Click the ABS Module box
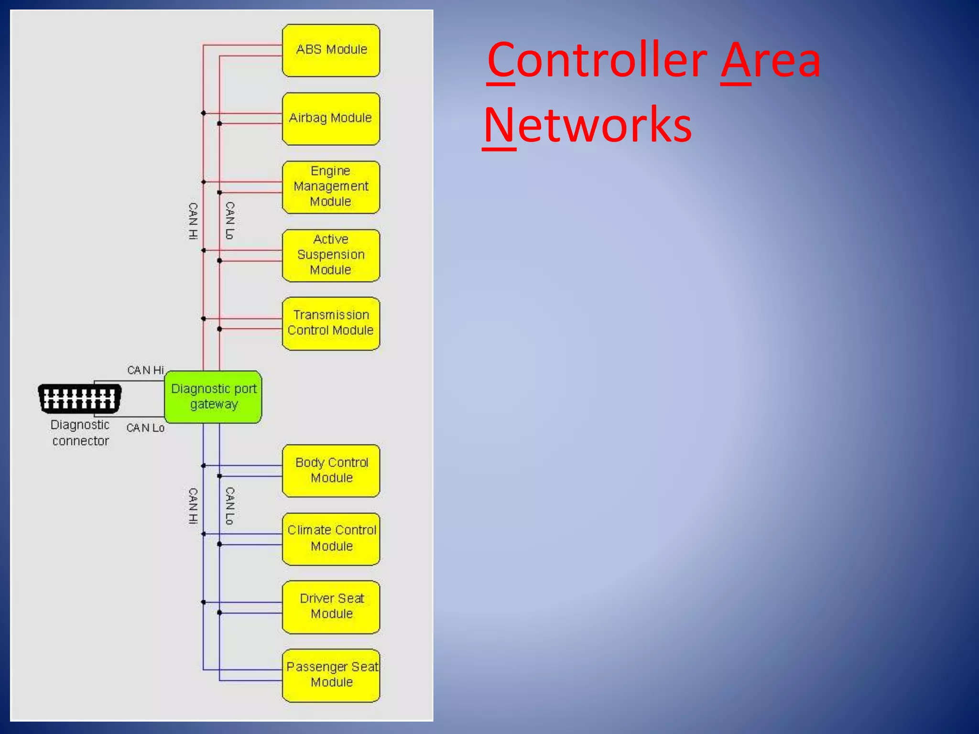pos(331,50)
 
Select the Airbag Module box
pos(331,119)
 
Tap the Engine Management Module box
pos(331,187)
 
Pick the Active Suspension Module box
pos(331,255)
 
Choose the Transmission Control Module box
pos(331,324)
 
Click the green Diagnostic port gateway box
pos(213,397)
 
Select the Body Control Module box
pos(331,471)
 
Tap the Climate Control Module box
pos(331,539)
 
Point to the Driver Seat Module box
pos(331,607)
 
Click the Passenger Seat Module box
pos(331,675)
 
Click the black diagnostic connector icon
pos(79,398)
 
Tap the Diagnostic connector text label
pos(80,433)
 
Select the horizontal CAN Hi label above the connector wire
pos(145,370)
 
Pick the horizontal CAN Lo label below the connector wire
pos(145,428)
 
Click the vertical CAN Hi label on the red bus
pos(193,221)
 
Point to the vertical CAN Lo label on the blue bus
pos(230,506)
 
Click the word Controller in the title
pos(597,60)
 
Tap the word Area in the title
pos(771,60)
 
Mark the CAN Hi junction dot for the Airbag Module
pos(203,113)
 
